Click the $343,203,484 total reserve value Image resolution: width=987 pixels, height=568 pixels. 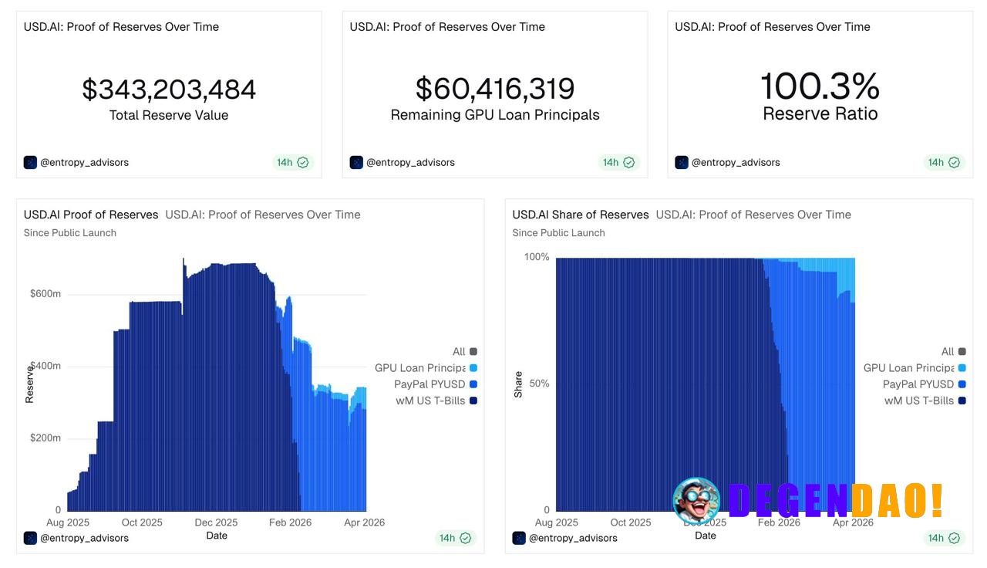click(x=169, y=90)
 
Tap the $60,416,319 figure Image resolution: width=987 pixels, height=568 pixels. click(x=495, y=90)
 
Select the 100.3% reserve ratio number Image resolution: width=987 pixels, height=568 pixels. click(x=820, y=86)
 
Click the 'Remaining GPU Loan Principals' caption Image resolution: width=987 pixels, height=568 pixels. click(x=495, y=115)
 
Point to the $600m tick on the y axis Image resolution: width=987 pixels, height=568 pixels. click(x=45, y=294)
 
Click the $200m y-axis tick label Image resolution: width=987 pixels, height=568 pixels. click(x=45, y=438)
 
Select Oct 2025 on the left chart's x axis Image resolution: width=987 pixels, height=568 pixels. click(x=141, y=522)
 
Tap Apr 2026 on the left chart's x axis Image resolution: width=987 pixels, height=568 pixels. click(x=363, y=522)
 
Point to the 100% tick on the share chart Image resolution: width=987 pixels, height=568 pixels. click(x=537, y=257)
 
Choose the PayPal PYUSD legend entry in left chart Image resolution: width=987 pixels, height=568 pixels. click(x=429, y=384)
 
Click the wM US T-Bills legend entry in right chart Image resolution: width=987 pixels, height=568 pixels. click(x=918, y=401)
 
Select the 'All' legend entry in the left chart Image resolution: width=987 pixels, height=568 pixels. click(x=459, y=352)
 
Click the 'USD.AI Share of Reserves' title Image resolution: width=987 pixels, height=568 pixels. click(x=581, y=215)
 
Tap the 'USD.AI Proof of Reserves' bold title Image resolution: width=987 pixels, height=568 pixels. click(x=91, y=215)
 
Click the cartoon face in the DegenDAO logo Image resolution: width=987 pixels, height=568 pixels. click(x=696, y=500)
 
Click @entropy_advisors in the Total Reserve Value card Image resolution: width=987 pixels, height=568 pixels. click(x=84, y=162)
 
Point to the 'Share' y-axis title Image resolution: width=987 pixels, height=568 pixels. click(x=518, y=384)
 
